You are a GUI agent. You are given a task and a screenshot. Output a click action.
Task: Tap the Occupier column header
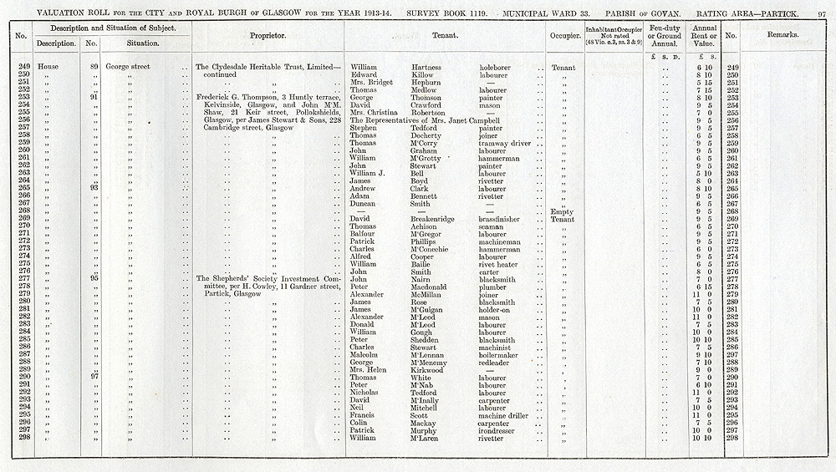[565, 37]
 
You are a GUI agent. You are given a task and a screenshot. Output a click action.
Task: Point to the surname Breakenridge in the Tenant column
[436, 219]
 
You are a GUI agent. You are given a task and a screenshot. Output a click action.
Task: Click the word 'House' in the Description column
[49, 67]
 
